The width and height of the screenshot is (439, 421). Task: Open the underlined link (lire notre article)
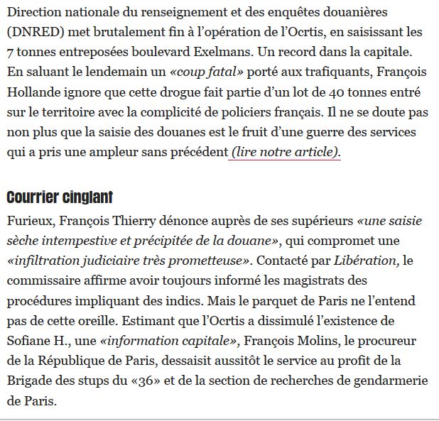[x=285, y=152]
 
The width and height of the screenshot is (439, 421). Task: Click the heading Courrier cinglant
[x=60, y=197]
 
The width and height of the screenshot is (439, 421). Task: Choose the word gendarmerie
[x=392, y=381]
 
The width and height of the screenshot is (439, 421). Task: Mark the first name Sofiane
[x=31, y=341]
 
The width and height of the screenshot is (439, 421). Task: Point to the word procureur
[x=381, y=341]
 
